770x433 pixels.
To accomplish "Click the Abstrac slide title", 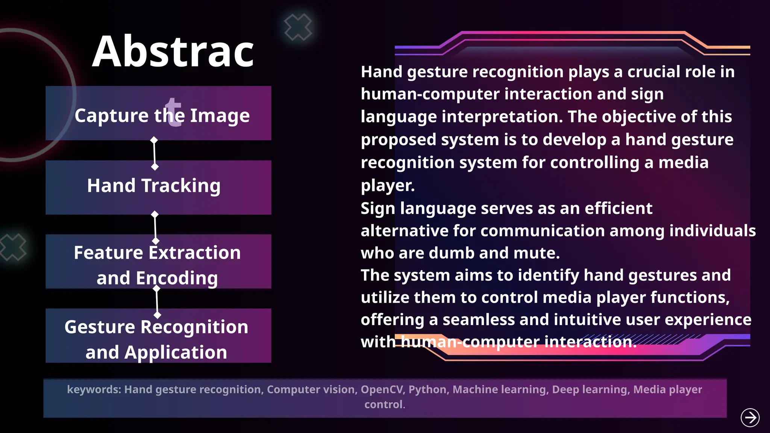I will click(173, 51).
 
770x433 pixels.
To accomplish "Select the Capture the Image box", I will click(158, 113).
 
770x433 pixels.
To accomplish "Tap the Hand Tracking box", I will click(158, 187).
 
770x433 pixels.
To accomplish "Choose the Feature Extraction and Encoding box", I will click(158, 262).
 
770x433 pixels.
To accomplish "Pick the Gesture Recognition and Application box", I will click(158, 336).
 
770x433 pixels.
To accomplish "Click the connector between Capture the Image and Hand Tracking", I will click(154, 153).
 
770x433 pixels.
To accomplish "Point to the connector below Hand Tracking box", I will click(155, 228).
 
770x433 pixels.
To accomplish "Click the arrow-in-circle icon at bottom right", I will click(750, 418).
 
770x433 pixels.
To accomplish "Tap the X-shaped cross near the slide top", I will click(298, 27).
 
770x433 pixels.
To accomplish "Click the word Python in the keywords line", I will click(428, 389).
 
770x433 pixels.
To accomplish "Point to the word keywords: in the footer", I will click(94, 389).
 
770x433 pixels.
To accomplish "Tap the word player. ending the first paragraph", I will click(388, 185).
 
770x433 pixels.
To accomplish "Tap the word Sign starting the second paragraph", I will click(377, 209).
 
